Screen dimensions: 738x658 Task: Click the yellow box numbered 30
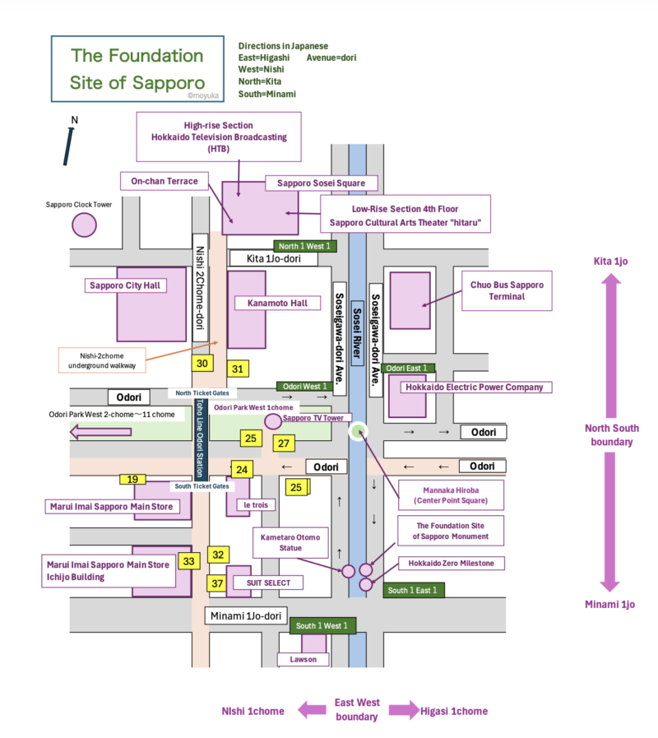pyautogui.click(x=202, y=363)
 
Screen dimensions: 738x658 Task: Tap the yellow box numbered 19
pyautogui.click(x=132, y=479)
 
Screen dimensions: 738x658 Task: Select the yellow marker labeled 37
pyautogui.click(x=217, y=583)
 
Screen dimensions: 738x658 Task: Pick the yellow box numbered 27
pyautogui.click(x=284, y=443)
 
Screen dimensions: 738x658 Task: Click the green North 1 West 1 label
pyautogui.click(x=305, y=246)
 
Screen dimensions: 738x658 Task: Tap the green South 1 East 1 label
pyautogui.click(x=414, y=590)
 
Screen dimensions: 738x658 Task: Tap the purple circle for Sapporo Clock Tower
pyautogui.click(x=84, y=225)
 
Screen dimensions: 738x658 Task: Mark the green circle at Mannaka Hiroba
pyautogui.click(x=357, y=429)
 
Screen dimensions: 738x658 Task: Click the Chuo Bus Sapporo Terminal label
pyautogui.click(x=507, y=290)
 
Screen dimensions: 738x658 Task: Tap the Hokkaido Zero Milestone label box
pyautogui.click(x=451, y=564)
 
